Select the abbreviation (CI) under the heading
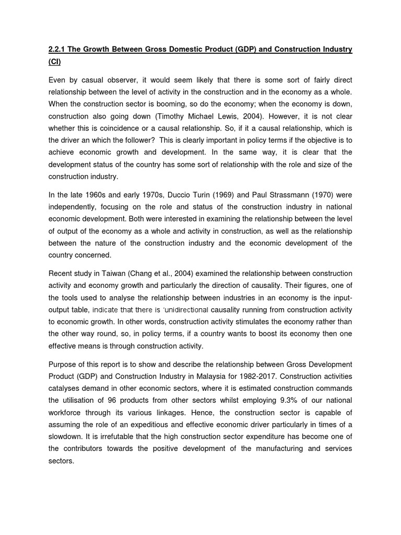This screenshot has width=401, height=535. [55, 62]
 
